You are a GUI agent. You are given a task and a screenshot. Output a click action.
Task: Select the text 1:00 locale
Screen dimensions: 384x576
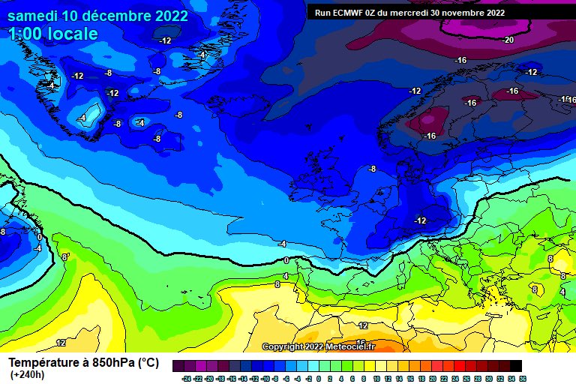pos(54,34)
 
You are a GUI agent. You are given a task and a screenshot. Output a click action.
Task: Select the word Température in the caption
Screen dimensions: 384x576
pos(46,363)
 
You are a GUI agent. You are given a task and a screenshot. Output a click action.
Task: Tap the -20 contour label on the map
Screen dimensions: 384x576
pos(508,40)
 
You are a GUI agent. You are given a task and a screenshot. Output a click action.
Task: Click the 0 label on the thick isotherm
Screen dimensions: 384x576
pos(286,259)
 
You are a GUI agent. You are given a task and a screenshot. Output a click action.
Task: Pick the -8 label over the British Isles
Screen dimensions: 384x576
pos(372,169)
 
